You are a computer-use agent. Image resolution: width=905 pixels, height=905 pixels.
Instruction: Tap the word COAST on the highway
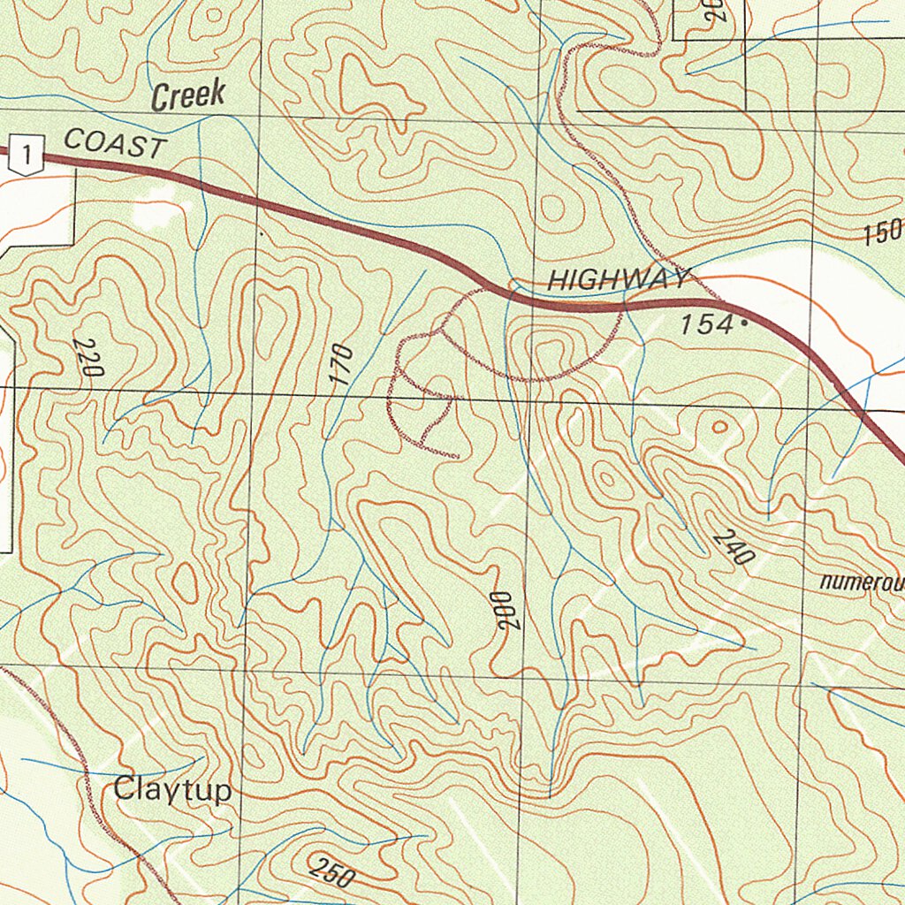[115, 143]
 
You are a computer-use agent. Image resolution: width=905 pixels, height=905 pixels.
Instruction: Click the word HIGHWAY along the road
[617, 281]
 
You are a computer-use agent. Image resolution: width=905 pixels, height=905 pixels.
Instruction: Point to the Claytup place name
[172, 789]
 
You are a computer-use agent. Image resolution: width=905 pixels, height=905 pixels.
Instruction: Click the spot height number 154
[706, 324]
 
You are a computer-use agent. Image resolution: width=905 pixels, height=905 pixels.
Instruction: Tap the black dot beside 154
[743, 324]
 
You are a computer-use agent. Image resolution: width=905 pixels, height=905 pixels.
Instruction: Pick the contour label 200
[506, 610]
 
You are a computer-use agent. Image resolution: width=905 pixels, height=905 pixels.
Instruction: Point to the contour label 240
[733, 548]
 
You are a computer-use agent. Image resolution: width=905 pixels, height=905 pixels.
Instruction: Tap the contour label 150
[881, 232]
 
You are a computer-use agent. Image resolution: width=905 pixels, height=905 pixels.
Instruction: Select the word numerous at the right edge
[861, 582]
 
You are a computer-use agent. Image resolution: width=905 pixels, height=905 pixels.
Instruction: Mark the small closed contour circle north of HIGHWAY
[552, 209]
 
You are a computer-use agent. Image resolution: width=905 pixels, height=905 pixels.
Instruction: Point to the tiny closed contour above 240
[719, 427]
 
